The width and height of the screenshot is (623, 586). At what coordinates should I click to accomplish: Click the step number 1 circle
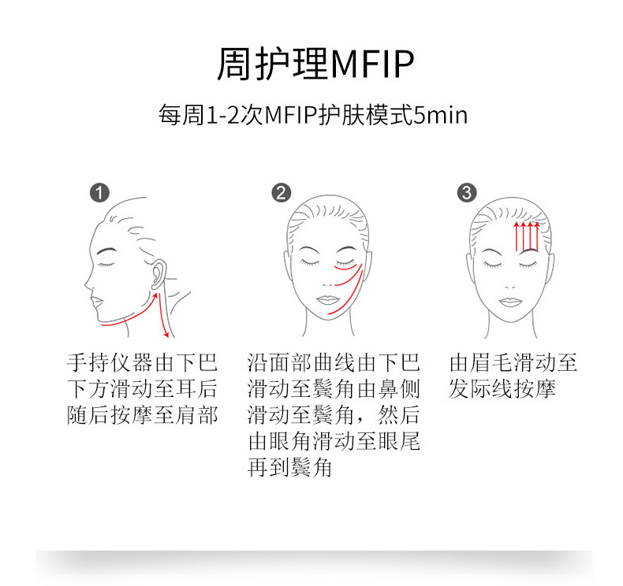tap(100, 193)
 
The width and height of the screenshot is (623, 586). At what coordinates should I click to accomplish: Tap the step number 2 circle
tap(282, 193)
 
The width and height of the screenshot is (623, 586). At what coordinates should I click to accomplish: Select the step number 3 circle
tap(467, 193)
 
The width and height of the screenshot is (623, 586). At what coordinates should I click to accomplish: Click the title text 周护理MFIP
tap(315, 65)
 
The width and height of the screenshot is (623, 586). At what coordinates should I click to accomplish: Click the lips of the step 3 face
tap(511, 301)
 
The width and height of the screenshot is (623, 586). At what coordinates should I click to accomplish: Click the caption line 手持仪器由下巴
tap(142, 363)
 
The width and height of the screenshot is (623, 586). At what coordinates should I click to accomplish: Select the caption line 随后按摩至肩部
tap(142, 415)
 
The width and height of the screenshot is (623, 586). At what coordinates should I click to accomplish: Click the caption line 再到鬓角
tap(289, 468)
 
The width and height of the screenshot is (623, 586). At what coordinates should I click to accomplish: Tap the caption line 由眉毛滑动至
tap(513, 363)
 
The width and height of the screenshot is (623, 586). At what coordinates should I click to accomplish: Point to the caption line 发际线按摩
tap(502, 389)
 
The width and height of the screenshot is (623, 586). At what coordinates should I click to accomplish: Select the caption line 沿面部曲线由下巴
tap(333, 363)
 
